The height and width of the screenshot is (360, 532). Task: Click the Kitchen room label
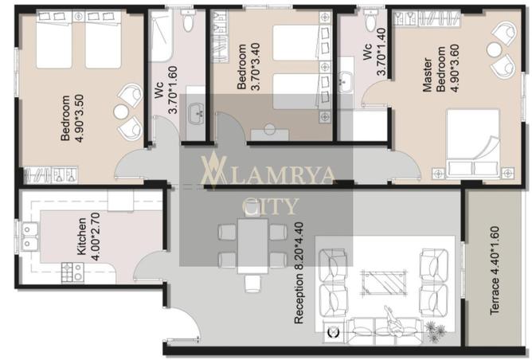(82, 237)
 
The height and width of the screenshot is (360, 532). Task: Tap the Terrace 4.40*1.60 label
(495, 271)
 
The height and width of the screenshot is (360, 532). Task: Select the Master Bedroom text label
(434, 75)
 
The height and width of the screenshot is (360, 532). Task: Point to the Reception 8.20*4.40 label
(299, 273)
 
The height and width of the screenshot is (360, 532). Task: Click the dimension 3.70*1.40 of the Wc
(381, 51)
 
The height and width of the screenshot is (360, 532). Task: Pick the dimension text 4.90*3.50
(78, 118)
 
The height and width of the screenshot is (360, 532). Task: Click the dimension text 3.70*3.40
(255, 66)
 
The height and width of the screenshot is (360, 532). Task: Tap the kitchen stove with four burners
(72, 272)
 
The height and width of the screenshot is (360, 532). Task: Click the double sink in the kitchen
(29, 237)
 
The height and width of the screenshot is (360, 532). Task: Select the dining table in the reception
(252, 246)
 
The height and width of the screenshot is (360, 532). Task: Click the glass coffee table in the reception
(384, 282)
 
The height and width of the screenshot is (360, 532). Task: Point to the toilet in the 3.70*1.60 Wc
(187, 20)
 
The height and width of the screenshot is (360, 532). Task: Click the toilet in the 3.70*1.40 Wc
(370, 20)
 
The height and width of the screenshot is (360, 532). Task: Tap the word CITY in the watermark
(271, 206)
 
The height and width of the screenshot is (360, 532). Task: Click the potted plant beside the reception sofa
(436, 331)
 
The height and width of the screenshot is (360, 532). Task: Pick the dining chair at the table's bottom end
(252, 284)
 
